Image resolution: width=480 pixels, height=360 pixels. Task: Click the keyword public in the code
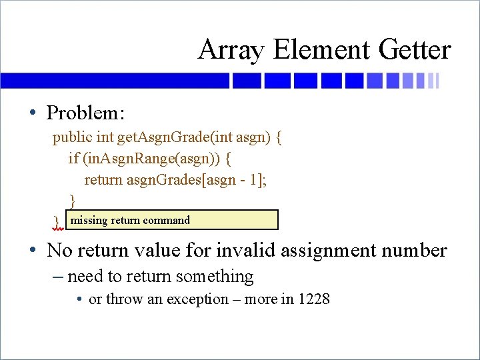pyautogui.click(x=73, y=138)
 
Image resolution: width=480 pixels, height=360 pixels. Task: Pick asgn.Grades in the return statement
pyautogui.click(x=161, y=179)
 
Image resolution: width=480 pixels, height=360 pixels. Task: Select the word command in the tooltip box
pyautogui.click(x=166, y=220)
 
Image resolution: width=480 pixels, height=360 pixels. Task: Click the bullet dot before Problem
pyautogui.click(x=32, y=113)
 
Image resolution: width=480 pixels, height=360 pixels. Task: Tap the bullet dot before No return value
pyautogui.click(x=32, y=251)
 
